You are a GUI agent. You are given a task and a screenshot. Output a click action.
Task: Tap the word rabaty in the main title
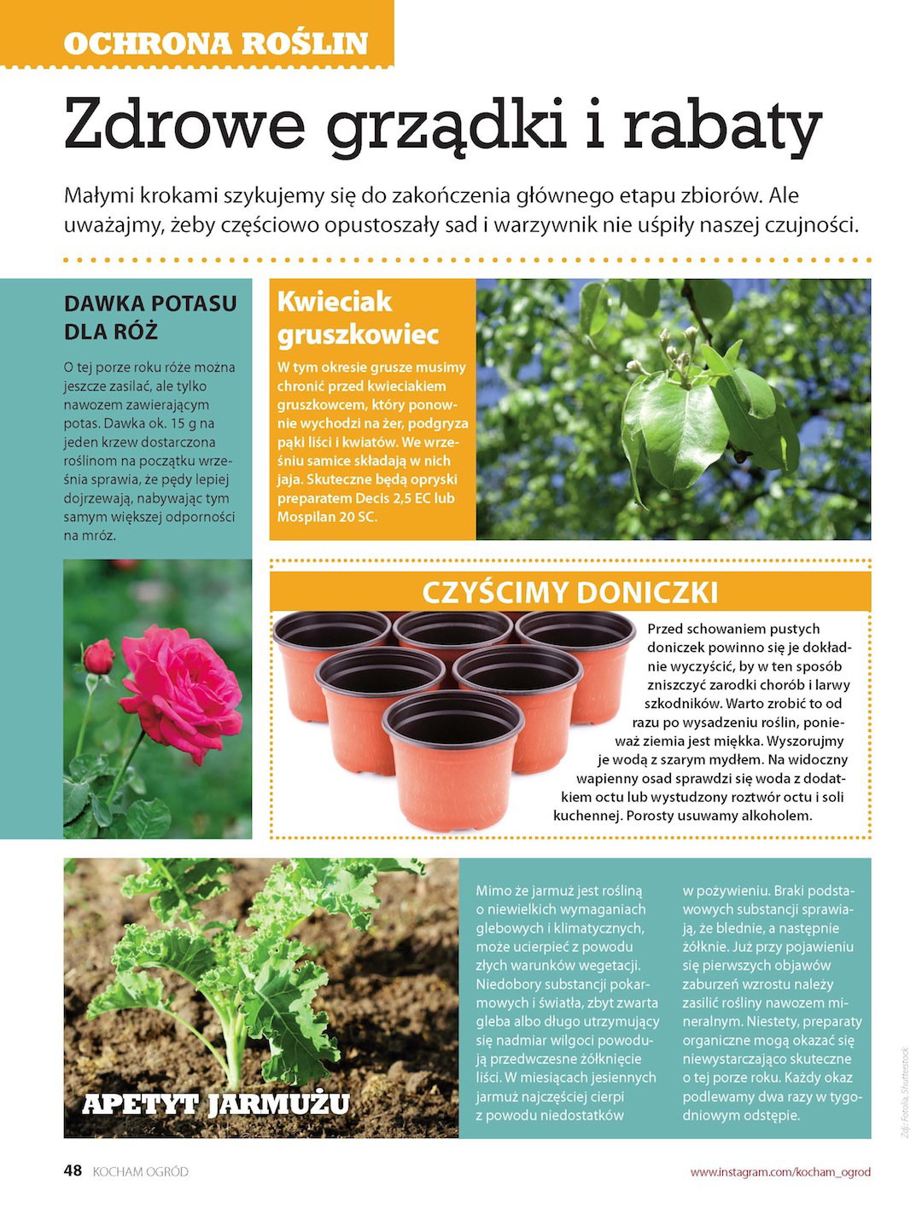coord(721,125)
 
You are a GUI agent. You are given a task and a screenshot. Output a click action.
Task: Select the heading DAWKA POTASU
coord(150,304)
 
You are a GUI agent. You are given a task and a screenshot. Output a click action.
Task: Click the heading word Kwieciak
coord(335,301)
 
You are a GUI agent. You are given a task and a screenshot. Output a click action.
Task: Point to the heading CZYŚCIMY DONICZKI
coord(570,593)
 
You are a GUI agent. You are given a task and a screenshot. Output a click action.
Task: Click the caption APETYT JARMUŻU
coord(216,1104)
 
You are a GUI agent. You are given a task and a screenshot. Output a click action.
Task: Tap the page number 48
coord(73,1170)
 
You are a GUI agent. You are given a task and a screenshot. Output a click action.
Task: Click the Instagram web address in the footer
coord(780,1171)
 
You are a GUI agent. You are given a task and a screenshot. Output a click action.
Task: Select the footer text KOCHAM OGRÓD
coord(140,1171)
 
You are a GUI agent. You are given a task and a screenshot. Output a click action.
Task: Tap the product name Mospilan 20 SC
coord(327,517)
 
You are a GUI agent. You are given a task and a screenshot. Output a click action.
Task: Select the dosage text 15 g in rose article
coord(181,424)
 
